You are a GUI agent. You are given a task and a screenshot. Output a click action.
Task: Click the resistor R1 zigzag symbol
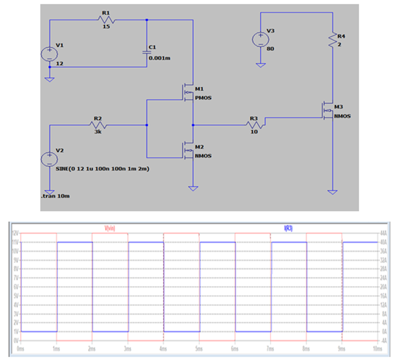click(x=106, y=20)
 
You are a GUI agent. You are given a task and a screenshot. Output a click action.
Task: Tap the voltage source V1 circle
click(x=49, y=54)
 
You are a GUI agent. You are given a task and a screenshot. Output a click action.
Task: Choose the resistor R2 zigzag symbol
click(x=98, y=125)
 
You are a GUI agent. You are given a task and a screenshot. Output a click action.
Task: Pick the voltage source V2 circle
click(x=49, y=159)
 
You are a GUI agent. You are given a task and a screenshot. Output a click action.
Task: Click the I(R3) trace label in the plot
click(x=288, y=229)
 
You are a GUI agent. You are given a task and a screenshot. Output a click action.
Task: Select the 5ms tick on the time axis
click(x=198, y=349)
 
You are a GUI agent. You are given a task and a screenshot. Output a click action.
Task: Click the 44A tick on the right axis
click(x=383, y=233)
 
